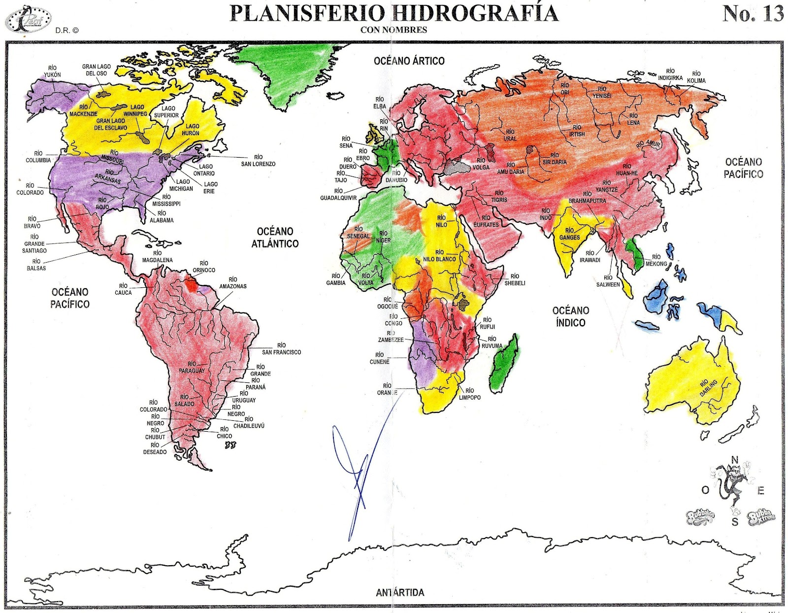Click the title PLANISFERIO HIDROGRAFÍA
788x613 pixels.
pyautogui.click(x=394, y=13)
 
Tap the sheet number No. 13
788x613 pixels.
pyautogui.click(x=753, y=13)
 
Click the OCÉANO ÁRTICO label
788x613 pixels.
pyautogui.click(x=409, y=61)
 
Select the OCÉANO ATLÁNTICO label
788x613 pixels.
pyautogui.click(x=275, y=237)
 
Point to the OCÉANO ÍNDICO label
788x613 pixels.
pyautogui.click(x=570, y=316)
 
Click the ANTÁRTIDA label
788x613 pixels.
pyautogui.click(x=399, y=592)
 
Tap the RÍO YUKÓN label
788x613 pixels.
pyautogui.click(x=52, y=71)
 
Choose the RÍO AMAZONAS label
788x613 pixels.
pyautogui.click(x=232, y=283)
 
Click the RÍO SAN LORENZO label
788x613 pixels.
pyautogui.click(x=258, y=161)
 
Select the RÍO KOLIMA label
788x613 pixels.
pyautogui.click(x=696, y=77)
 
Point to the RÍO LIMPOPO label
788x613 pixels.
pyautogui.click(x=469, y=394)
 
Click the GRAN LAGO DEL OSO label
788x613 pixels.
pyautogui.click(x=97, y=70)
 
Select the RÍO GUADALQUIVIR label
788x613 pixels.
pyautogui.click(x=338, y=194)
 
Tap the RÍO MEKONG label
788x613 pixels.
pyautogui.click(x=656, y=260)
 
